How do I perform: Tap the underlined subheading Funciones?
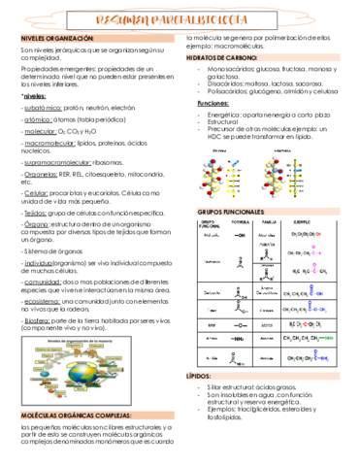pyautogui.click(x=213, y=102)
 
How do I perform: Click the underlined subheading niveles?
pyautogui.click(x=35, y=96)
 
